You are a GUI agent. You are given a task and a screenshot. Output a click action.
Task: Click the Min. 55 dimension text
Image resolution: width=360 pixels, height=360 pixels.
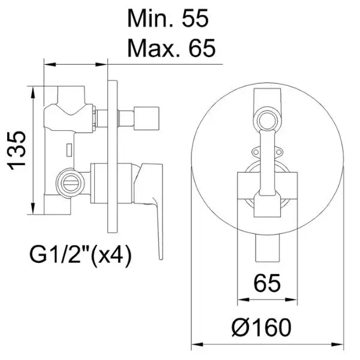(x=168, y=18)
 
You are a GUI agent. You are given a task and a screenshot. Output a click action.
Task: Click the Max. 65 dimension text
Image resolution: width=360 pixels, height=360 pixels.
(x=172, y=48)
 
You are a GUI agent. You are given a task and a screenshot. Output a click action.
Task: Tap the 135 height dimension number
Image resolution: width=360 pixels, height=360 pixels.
(x=17, y=151)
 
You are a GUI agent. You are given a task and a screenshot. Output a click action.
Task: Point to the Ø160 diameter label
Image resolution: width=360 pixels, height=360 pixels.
(x=262, y=327)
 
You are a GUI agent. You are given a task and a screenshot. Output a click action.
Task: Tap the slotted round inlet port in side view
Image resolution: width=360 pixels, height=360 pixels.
(x=70, y=183)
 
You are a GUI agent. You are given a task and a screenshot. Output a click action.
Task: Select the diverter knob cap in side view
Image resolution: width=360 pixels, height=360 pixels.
(x=146, y=118)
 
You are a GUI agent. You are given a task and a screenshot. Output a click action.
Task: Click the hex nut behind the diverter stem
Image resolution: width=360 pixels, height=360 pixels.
(x=94, y=118)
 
